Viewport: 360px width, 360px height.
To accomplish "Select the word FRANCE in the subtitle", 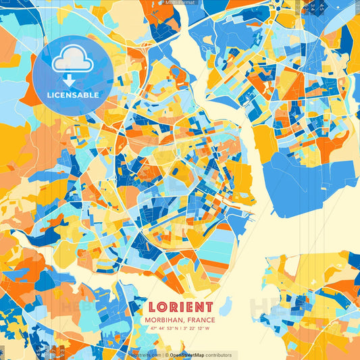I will [x=201, y=320].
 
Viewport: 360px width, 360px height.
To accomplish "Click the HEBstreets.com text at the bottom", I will [x=145, y=355].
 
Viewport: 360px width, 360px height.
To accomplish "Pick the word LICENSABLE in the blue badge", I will [x=72, y=95].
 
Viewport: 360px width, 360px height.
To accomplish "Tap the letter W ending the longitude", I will [x=207, y=329].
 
